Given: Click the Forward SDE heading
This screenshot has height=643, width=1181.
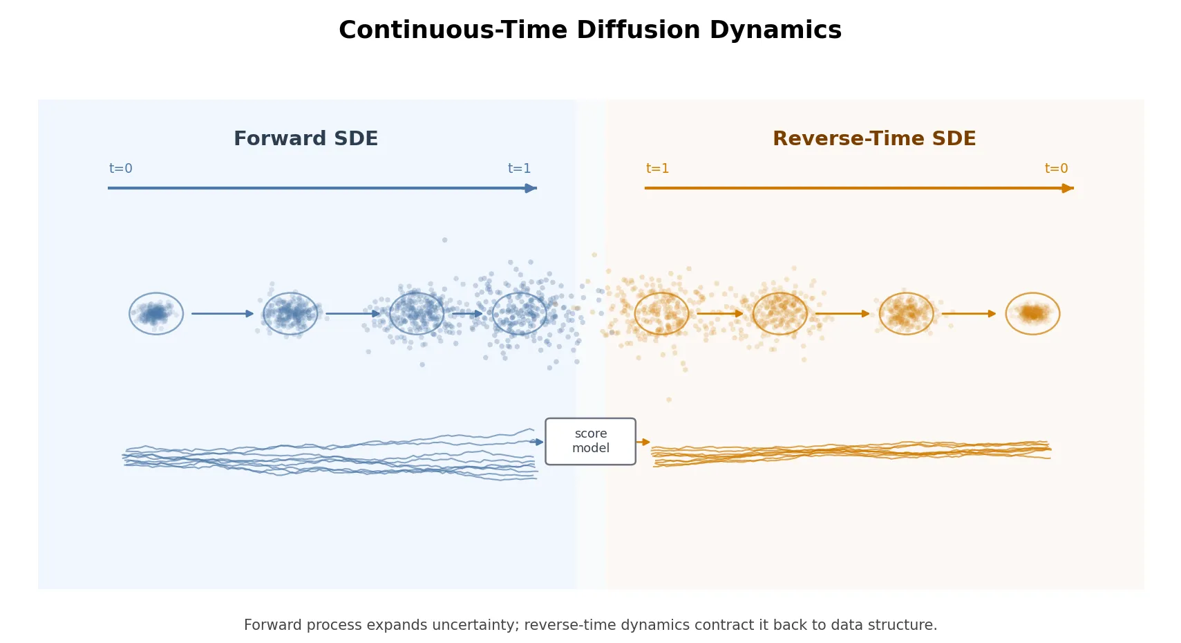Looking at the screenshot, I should point(305,138).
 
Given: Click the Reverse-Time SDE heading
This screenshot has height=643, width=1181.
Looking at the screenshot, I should point(873,138).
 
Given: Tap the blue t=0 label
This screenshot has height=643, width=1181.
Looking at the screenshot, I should point(121,169).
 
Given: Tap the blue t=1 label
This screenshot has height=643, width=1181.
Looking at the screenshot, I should point(519,169).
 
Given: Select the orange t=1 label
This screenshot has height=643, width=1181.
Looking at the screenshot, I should point(657,169).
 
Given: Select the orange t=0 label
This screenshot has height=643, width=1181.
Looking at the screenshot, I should point(1056,169).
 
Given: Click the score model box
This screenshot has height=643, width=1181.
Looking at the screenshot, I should point(590,441).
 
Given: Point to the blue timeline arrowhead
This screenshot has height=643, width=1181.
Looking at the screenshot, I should point(531,188).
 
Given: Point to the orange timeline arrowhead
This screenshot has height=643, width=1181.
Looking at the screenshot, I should point(1068,188).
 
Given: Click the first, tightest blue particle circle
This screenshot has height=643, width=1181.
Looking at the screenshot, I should point(156,314).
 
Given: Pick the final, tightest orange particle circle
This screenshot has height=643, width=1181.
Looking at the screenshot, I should point(1032,314).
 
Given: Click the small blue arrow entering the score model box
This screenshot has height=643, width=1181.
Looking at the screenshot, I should point(537,442).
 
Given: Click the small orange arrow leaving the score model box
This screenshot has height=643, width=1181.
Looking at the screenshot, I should point(643,442).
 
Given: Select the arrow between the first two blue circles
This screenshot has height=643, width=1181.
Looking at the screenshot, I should point(223,314).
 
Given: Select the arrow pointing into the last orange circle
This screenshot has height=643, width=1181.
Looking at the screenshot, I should point(969,314).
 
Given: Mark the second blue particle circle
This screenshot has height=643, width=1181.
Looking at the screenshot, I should point(290,314).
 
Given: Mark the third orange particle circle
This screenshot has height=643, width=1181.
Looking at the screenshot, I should point(906,314).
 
